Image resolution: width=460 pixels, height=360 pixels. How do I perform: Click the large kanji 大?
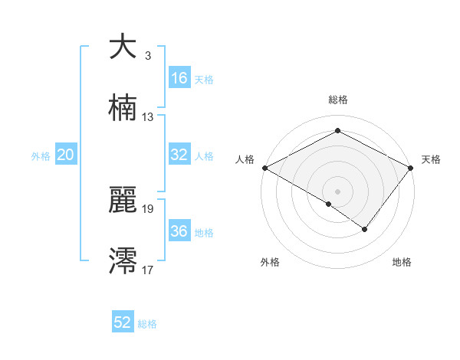[123, 47]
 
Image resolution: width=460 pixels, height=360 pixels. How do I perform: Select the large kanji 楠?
[123, 108]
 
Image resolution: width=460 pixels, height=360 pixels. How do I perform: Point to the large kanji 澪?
[123, 260]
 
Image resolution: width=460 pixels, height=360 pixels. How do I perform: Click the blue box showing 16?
[179, 78]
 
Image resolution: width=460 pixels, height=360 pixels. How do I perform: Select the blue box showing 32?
[179, 155]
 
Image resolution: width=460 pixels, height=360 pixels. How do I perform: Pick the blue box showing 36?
[179, 231]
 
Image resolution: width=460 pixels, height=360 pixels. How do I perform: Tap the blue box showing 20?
[65, 155]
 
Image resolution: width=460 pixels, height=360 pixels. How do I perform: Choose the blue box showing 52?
[122, 322]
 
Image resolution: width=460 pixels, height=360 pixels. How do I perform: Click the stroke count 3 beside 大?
[147, 56]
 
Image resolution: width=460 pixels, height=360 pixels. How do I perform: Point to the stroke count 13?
[148, 117]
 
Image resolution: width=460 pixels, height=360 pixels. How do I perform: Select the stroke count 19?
[148, 208]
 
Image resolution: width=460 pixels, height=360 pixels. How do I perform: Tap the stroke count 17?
[148, 270]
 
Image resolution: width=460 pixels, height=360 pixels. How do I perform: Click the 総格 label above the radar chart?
[338, 100]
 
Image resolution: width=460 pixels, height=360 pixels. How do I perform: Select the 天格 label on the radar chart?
[431, 159]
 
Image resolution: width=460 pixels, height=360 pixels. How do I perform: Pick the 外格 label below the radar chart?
[270, 262]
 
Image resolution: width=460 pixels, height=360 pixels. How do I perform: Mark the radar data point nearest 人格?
[264, 167]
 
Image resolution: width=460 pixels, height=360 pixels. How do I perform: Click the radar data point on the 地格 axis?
[365, 229]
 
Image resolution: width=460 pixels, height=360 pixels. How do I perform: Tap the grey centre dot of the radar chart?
[337, 191]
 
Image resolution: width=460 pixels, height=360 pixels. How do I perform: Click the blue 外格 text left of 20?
[41, 155]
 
